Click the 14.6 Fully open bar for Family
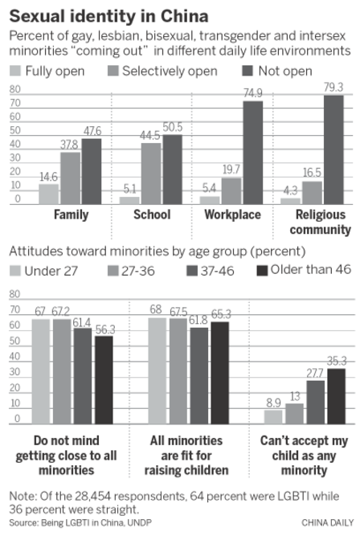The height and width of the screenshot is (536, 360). coord(49,193)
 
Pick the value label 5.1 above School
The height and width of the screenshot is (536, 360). coord(129,190)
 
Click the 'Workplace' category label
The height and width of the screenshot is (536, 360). coord(231,215)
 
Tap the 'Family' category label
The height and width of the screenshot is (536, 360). coord(70,215)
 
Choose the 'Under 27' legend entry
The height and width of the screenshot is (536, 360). coord(49,271)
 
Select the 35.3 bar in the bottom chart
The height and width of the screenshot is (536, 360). coord(335,395)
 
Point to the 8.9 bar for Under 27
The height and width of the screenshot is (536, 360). coord(274,416)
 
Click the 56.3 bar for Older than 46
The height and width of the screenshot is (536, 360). coord(103,379)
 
